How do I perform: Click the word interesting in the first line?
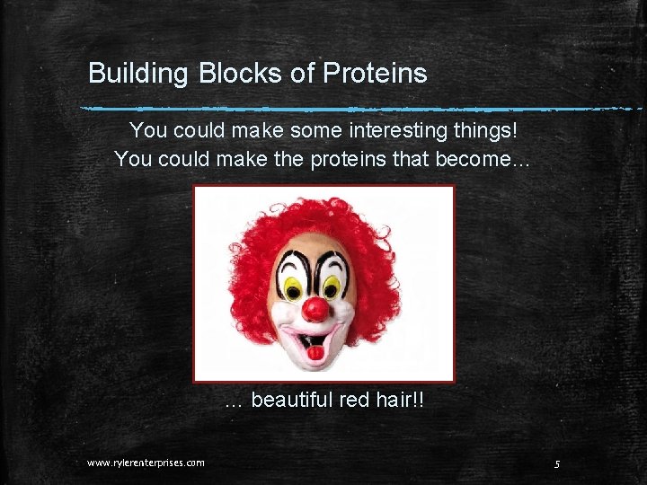400,131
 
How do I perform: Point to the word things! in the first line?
486,131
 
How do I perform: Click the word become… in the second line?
495,159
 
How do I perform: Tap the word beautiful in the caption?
292,399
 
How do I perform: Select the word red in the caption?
356,399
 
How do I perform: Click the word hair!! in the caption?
401,399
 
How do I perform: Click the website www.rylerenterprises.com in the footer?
146,463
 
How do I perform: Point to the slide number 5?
557,463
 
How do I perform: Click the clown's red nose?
315,310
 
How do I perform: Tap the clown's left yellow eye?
294,287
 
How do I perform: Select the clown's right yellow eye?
332,287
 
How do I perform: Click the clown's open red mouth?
315,345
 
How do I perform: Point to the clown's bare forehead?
315,244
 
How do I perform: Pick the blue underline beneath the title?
359,110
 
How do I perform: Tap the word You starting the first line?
148,131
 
